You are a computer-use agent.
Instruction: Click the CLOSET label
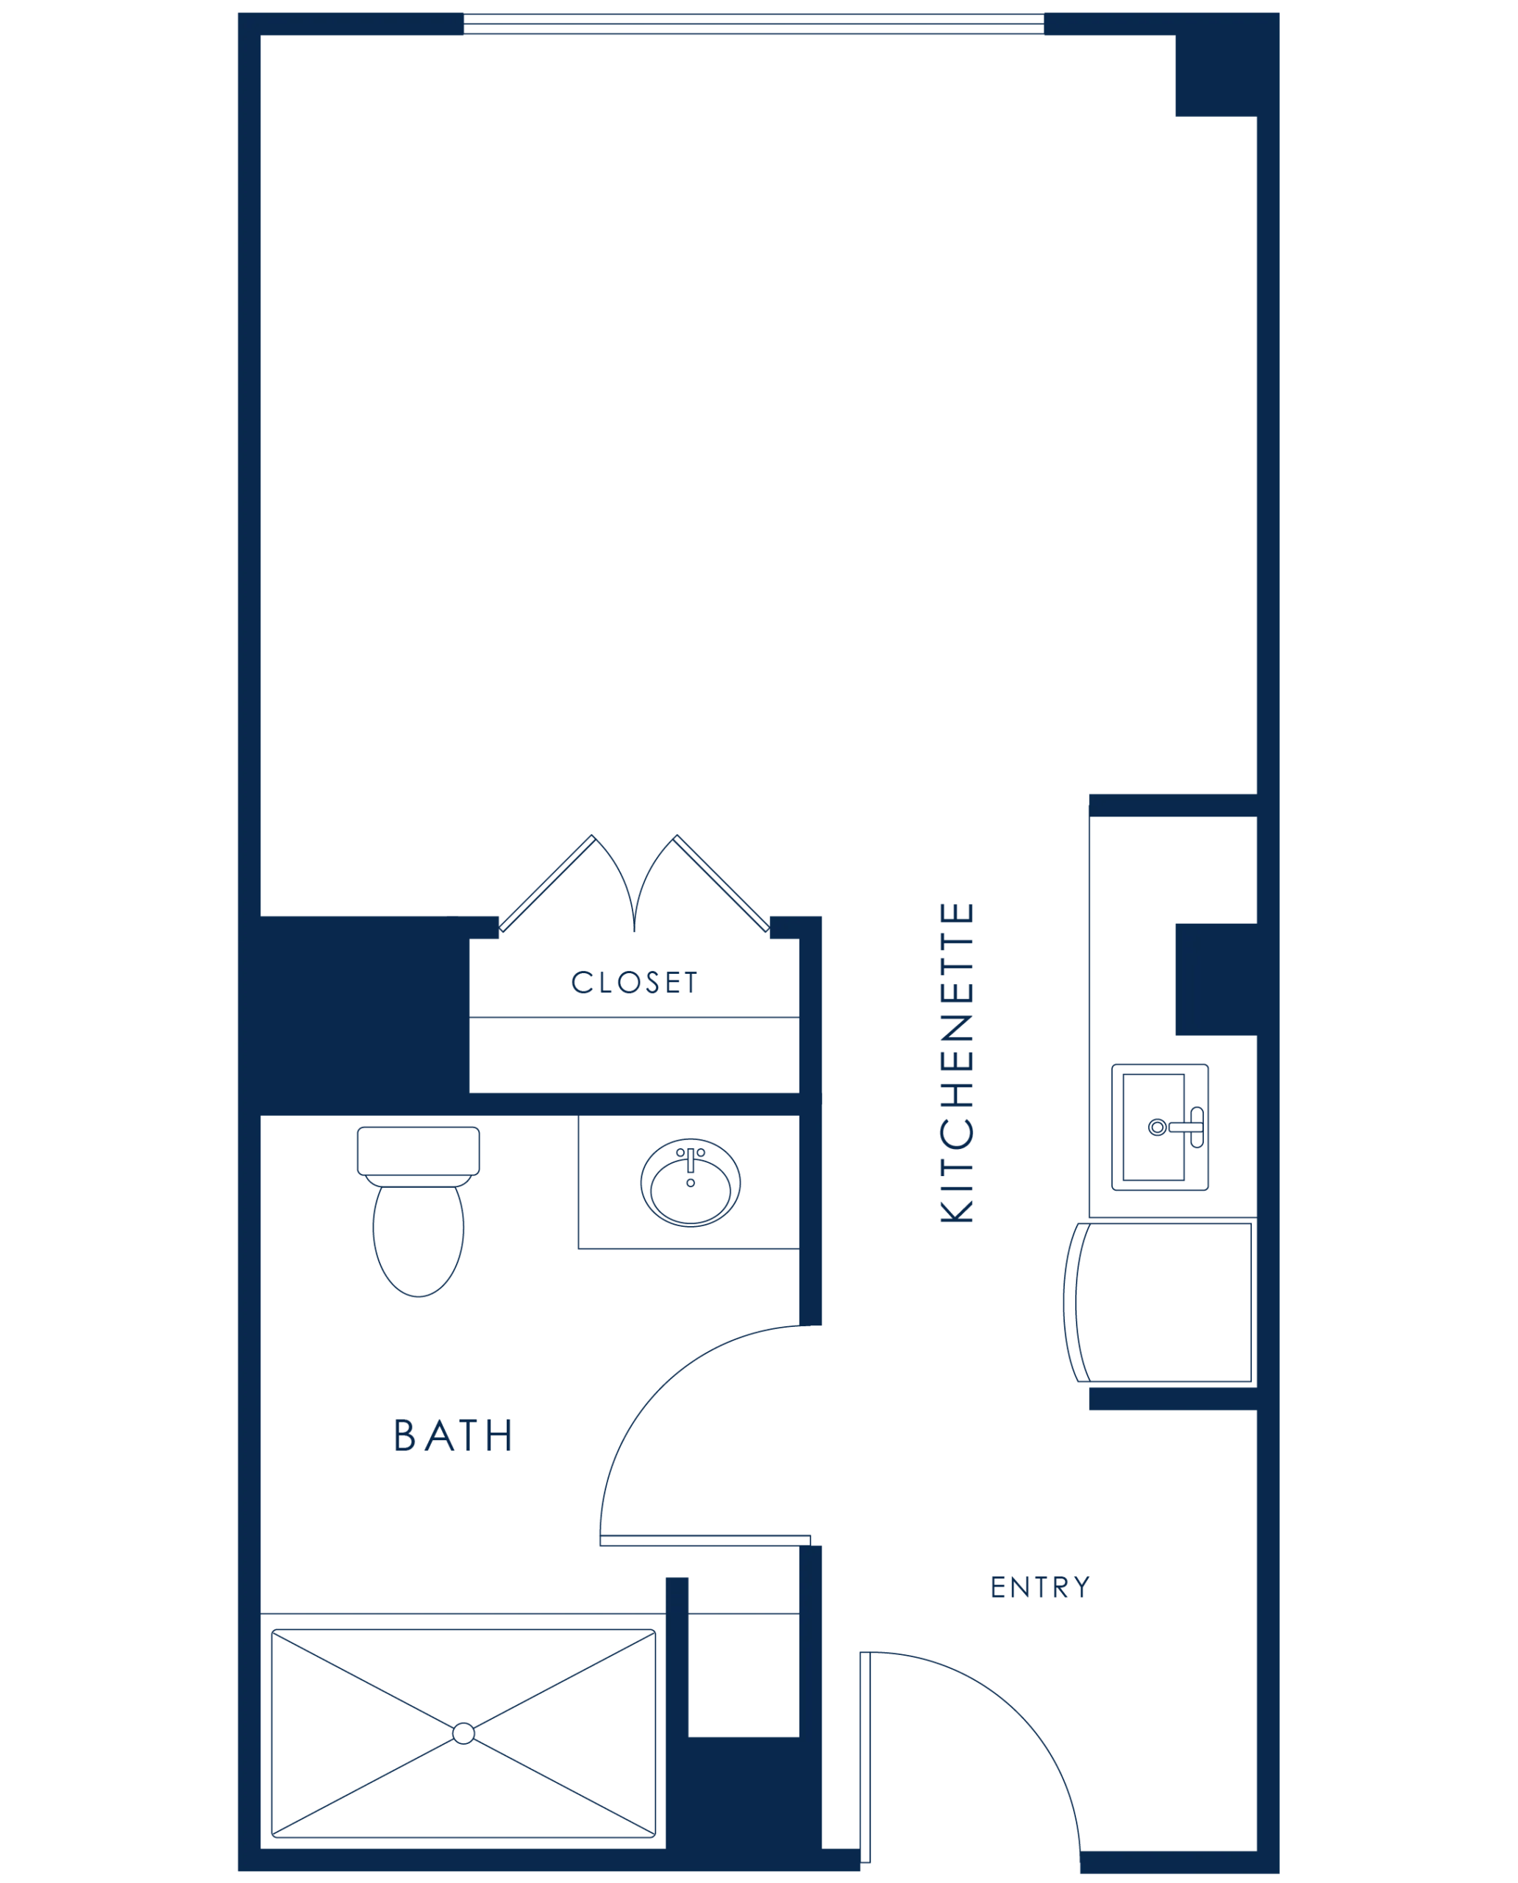[634, 982]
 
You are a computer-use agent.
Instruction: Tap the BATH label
[453, 1435]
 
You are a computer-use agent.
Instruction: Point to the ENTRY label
[1041, 1587]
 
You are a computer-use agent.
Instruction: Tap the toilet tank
[418, 1151]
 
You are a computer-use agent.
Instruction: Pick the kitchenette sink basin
[1153, 1128]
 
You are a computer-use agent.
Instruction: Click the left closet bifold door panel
[547, 883]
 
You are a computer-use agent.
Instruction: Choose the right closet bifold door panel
[721, 883]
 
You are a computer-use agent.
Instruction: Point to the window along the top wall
[754, 24]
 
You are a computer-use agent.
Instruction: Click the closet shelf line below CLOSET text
[634, 1017]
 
